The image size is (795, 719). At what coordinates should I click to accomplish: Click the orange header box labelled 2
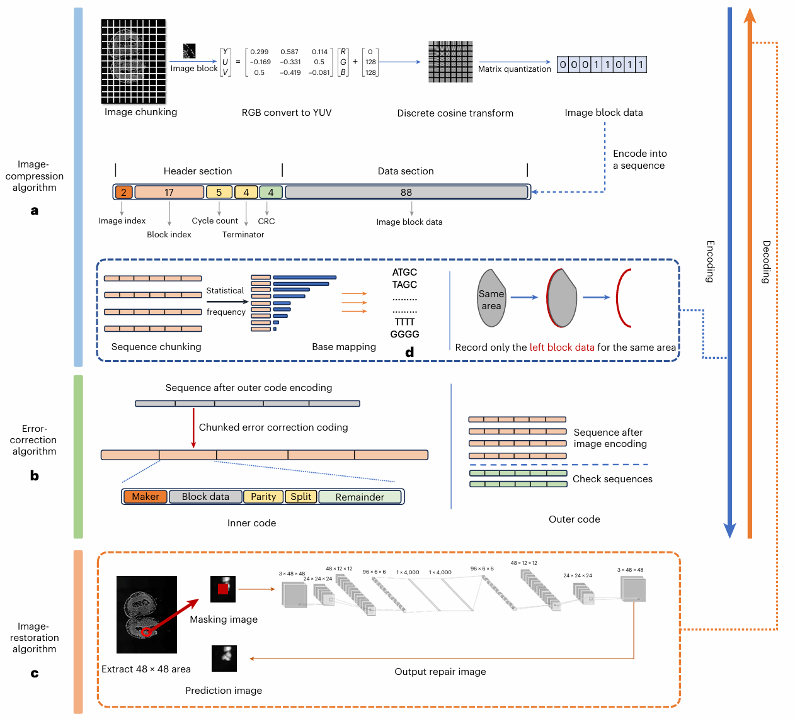[x=123, y=193]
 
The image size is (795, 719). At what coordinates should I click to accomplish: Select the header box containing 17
[x=169, y=193]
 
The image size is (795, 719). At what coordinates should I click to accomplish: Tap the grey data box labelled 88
[x=406, y=193]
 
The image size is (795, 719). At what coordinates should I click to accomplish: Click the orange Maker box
[x=146, y=497]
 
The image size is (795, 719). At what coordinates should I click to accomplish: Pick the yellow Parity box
[x=263, y=497]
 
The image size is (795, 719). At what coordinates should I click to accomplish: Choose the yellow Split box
[x=301, y=497]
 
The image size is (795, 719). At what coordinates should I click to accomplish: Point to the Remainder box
[x=360, y=497]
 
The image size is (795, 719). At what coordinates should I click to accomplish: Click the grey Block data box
[x=205, y=497]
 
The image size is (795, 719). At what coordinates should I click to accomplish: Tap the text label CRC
[x=266, y=222]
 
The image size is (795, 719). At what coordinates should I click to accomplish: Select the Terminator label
[x=243, y=235]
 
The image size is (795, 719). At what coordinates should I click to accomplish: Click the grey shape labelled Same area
[x=491, y=299]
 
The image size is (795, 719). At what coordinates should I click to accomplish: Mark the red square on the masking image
[x=223, y=589]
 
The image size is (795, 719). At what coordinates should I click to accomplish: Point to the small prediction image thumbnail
[x=224, y=658]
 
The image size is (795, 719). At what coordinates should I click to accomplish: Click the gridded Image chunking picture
[x=134, y=61]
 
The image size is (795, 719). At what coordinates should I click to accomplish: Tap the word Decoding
[x=767, y=262]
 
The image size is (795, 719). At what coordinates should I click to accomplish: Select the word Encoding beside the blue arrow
[x=710, y=261]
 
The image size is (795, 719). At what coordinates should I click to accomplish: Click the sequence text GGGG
[x=404, y=334]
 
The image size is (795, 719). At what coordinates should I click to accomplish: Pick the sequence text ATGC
[x=404, y=273]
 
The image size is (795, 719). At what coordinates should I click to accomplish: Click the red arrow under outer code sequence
[x=193, y=428]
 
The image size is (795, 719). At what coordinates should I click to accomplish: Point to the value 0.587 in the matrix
[x=290, y=52]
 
